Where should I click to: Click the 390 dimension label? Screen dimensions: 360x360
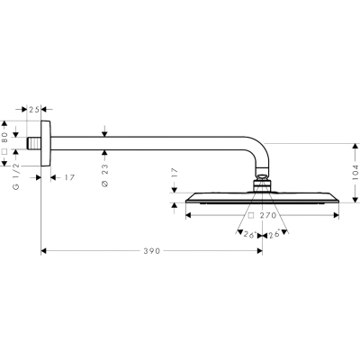152,251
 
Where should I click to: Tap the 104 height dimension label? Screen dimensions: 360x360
355,173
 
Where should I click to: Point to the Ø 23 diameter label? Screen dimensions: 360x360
105,175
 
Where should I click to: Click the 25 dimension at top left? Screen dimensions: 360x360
34,110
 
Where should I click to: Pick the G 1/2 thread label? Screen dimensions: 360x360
16,176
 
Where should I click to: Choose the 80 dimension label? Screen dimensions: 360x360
4,138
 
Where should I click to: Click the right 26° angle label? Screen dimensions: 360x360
274,234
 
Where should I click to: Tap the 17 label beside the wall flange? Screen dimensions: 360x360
69,177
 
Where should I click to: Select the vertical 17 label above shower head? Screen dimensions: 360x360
175,173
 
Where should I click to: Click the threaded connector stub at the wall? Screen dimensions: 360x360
33,143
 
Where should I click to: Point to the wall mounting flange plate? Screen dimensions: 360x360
46,143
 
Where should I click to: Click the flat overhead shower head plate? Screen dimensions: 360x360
262,198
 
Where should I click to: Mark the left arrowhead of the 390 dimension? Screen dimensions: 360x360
43,251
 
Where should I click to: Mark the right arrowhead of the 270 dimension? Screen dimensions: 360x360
337,215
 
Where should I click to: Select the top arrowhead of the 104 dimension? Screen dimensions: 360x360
355,147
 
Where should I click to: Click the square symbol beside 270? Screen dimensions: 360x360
251,215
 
